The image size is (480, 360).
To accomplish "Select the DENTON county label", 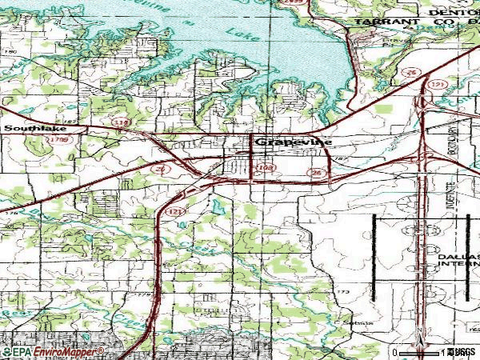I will (x=451, y=13).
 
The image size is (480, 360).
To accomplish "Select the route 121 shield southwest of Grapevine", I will (x=174, y=212).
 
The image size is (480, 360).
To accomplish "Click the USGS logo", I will (x=462, y=352).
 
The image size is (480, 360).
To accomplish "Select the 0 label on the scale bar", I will (x=395, y=352).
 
